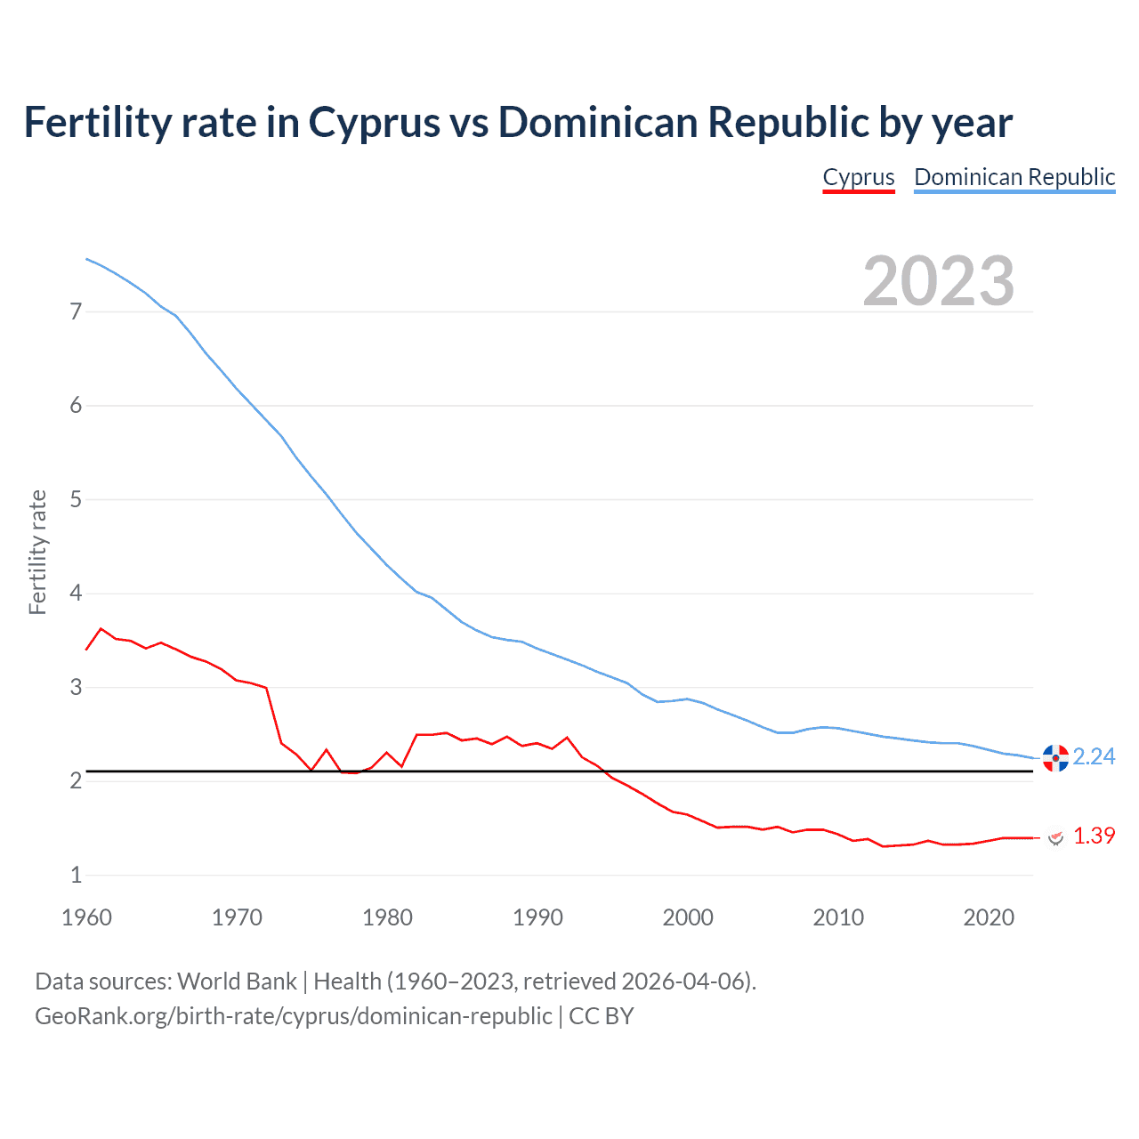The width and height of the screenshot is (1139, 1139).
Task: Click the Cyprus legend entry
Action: [x=858, y=177]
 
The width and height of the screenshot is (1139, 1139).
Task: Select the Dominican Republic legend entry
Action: [x=1014, y=177]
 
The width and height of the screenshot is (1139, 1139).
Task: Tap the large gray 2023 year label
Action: [x=938, y=281]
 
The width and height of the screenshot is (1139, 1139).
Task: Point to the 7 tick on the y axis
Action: [x=76, y=311]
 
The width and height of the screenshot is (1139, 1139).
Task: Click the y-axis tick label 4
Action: [x=76, y=593]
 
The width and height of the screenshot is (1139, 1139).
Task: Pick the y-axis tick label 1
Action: [x=76, y=875]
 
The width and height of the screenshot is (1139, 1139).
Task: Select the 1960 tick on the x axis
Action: [x=86, y=917]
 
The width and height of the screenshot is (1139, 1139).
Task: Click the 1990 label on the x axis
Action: [x=537, y=917]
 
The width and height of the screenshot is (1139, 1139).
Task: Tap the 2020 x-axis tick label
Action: [x=989, y=917]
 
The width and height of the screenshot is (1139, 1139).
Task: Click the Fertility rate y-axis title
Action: [x=37, y=552]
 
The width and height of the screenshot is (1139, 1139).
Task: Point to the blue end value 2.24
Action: [x=1094, y=756]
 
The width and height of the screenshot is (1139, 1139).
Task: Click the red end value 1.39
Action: [x=1094, y=836]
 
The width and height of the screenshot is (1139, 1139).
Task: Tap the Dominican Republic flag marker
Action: [x=1055, y=758]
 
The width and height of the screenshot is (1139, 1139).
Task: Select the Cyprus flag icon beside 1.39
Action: [x=1055, y=837]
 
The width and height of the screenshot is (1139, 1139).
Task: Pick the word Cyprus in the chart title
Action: [x=374, y=123]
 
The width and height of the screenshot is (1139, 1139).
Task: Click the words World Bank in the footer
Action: [x=237, y=981]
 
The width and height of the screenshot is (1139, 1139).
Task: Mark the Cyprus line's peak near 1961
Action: [x=101, y=628]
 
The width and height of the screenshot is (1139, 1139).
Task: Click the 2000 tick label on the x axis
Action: [x=688, y=917]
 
